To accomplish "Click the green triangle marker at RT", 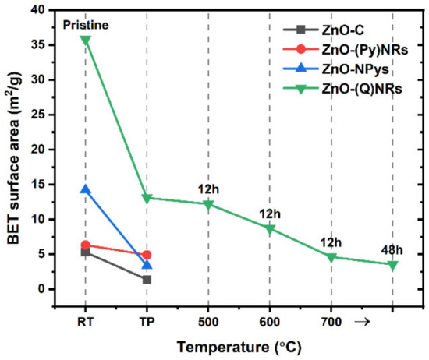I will tap(85, 40).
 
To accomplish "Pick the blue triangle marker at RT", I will tap(85, 189).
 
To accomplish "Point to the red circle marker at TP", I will tap(147, 255).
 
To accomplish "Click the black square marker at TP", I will tap(147, 279).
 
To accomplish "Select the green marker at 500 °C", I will tap(208, 204).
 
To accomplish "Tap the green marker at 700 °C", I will tap(331, 256).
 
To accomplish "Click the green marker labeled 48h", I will tap(392, 265).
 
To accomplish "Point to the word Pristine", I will tap(87, 25).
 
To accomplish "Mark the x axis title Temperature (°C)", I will tap(239, 344).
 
